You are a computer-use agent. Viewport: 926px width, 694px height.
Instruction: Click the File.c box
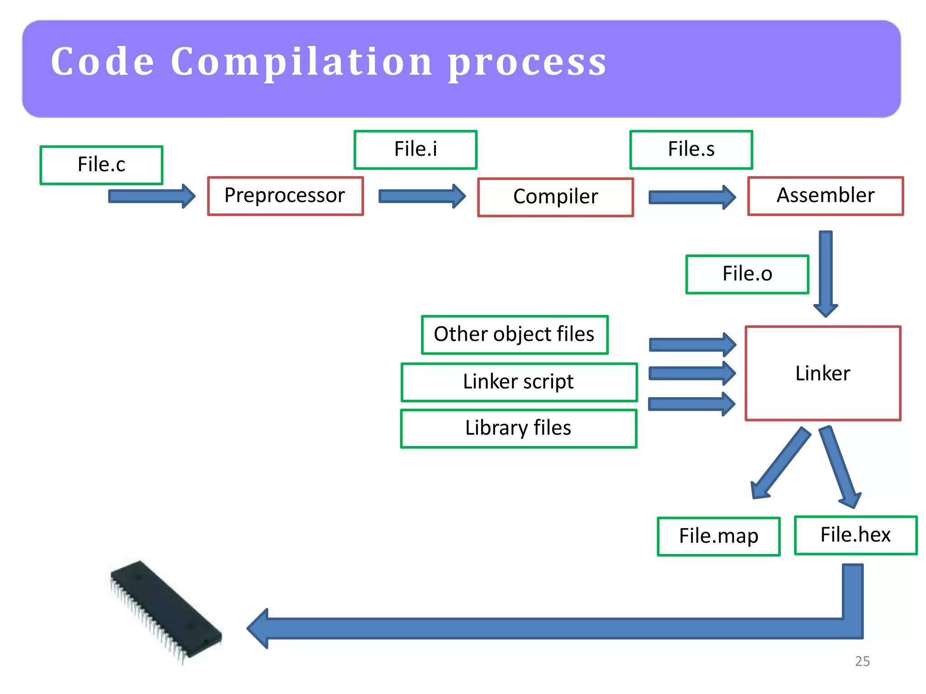pyautogui.click(x=101, y=165)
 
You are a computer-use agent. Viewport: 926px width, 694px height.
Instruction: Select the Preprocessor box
pyautogui.click(x=285, y=196)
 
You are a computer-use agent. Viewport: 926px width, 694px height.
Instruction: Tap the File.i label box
pyautogui.click(x=415, y=150)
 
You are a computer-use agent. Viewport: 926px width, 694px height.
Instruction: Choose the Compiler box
pyautogui.click(x=555, y=197)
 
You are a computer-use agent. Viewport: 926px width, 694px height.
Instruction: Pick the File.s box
pyautogui.click(x=691, y=150)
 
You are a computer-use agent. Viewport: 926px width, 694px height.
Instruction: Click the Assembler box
pyautogui.click(x=825, y=196)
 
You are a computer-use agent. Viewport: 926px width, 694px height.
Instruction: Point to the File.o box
pyautogui.click(x=747, y=274)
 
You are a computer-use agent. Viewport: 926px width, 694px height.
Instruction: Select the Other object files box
pyautogui.click(x=514, y=335)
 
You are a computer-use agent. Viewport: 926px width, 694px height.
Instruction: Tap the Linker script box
pyautogui.click(x=519, y=382)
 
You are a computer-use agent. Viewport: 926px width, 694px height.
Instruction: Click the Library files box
pyautogui.click(x=518, y=428)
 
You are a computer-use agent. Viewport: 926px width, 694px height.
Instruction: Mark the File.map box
pyautogui.click(x=718, y=536)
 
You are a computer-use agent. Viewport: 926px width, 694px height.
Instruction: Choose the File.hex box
pyautogui.click(x=855, y=535)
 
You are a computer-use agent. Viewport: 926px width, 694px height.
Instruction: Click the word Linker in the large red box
pyautogui.click(x=822, y=374)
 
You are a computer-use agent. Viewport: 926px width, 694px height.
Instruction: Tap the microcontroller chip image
pyautogui.click(x=165, y=610)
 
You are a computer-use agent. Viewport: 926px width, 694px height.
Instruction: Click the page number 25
pyautogui.click(x=862, y=661)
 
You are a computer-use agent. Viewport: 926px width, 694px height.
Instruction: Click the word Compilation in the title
pyautogui.click(x=301, y=62)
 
